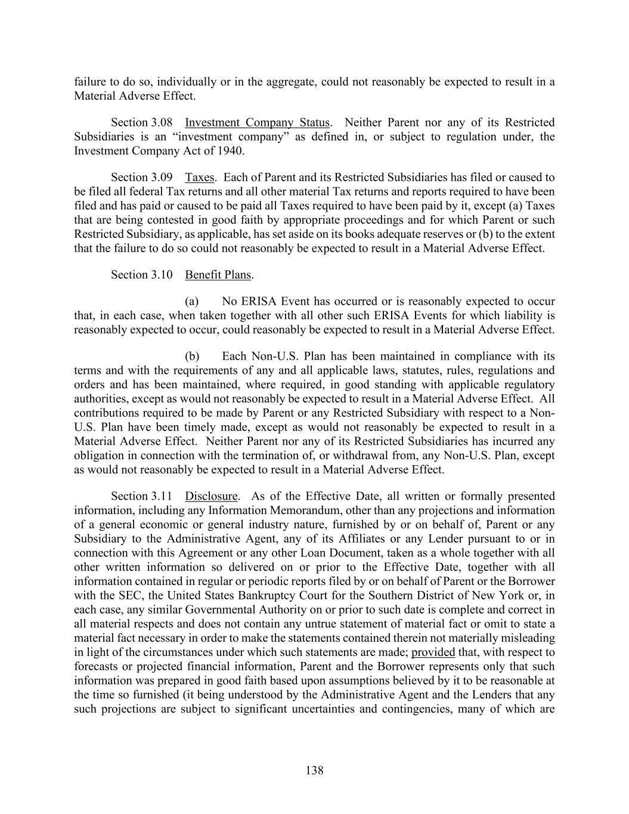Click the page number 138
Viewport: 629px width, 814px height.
click(314, 770)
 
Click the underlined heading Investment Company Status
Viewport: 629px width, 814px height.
click(257, 122)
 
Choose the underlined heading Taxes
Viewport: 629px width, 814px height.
click(200, 177)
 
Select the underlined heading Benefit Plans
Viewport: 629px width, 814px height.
click(218, 274)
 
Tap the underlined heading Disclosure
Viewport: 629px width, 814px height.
click(211, 496)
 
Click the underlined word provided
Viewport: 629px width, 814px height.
click(433, 652)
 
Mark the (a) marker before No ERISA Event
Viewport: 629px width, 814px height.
click(192, 301)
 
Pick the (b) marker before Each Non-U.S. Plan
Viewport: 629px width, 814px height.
click(192, 357)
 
